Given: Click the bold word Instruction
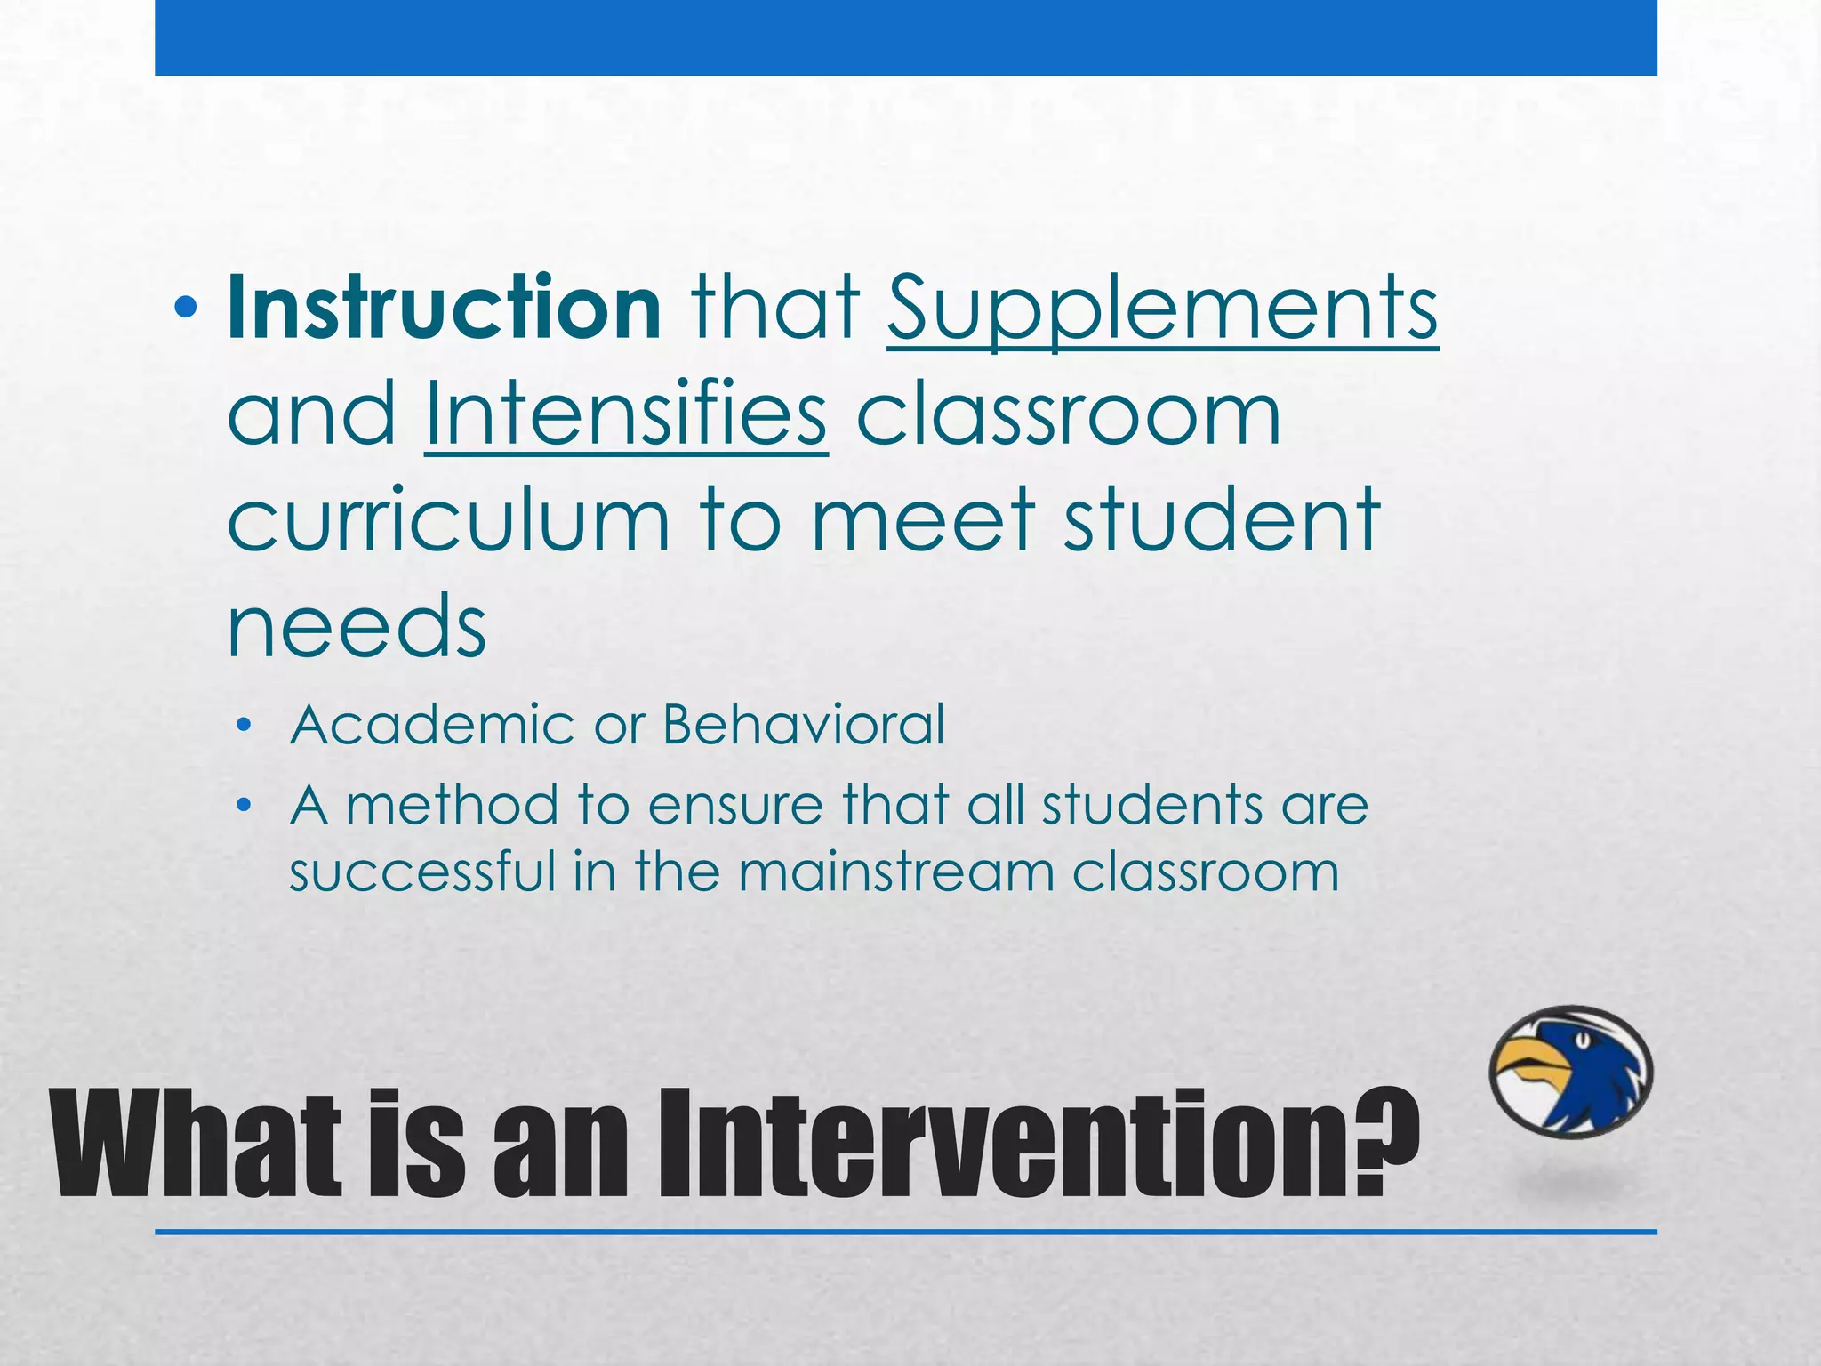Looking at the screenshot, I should click(x=444, y=307).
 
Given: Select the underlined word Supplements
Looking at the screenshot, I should click(x=1162, y=309).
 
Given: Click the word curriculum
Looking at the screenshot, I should click(x=448, y=520).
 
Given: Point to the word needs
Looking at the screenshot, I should click(x=357, y=626).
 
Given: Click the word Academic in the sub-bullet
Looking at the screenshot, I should click(x=432, y=725).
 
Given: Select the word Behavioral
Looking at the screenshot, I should click(x=803, y=725).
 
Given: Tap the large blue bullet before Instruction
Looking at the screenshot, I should click(x=186, y=309).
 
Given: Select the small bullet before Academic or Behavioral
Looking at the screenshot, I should click(x=245, y=727).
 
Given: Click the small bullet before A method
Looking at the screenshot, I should click(x=245, y=807).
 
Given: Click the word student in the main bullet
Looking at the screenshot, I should click(x=1222, y=520).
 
